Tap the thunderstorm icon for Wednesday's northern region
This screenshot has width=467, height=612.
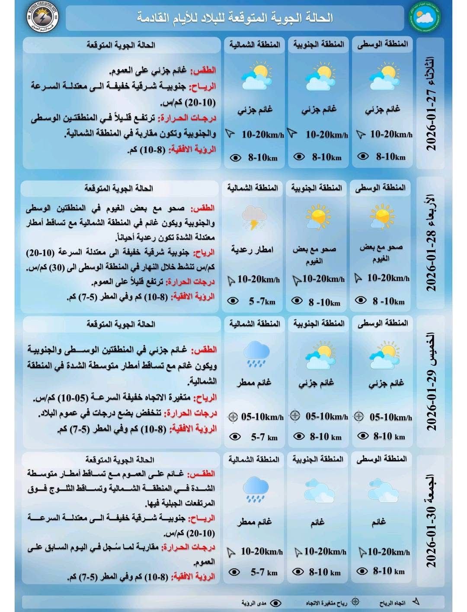(254, 218)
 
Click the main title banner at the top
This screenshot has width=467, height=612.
(235, 18)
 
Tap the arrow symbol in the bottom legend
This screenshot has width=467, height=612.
(416, 602)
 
